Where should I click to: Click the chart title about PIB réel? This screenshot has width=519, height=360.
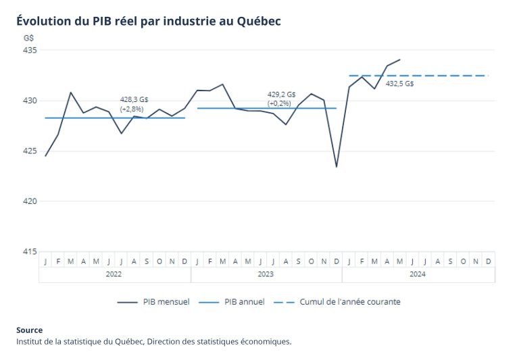point(148,21)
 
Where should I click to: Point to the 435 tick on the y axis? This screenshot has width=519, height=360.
point(29,51)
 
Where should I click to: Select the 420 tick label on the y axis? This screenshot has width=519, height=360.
point(29,201)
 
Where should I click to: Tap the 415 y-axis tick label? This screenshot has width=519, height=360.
point(29,251)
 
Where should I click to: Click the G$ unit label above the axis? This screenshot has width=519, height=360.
point(28,37)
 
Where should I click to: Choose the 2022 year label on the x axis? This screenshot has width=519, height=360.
point(114,274)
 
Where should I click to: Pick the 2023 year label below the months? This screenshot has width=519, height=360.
point(266,274)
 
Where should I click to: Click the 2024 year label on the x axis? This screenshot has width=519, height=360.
point(418,274)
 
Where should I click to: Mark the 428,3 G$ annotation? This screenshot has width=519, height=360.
point(134,99)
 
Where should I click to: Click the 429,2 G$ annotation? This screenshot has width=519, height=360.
point(281,95)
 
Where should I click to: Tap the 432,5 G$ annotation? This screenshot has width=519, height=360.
point(399,84)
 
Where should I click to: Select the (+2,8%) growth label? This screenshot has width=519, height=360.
point(132,109)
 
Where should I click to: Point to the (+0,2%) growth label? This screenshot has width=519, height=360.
point(279,103)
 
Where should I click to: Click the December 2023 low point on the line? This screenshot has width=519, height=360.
point(337,167)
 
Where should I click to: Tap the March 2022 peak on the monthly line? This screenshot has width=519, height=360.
point(71,92)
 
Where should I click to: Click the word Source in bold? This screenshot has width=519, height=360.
point(29,330)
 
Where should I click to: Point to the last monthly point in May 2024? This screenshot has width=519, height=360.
point(400,59)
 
